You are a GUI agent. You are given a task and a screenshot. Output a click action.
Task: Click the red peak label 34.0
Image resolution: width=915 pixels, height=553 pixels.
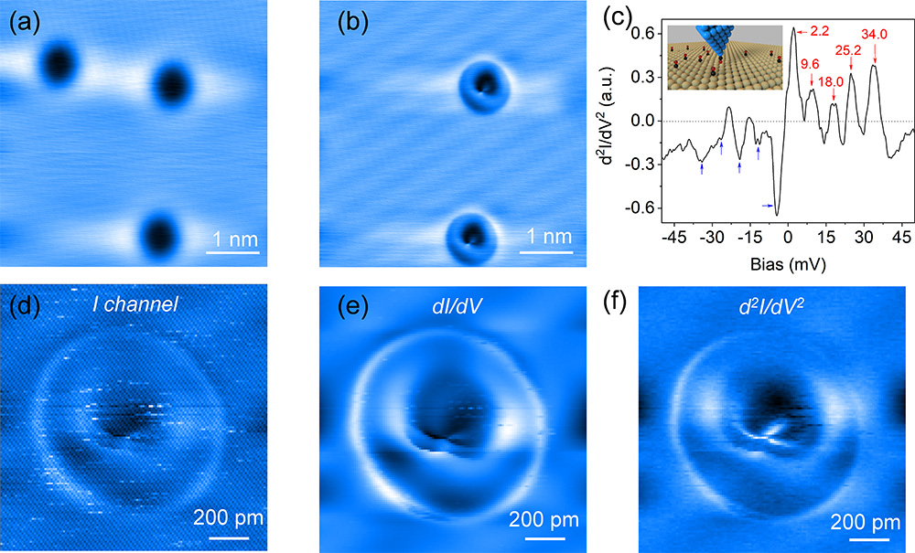[x=875, y=35]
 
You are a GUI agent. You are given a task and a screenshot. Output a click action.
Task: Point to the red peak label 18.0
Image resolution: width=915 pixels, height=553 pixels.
[x=832, y=81]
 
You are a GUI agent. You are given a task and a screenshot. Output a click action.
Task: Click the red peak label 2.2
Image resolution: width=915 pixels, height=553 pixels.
[x=818, y=32]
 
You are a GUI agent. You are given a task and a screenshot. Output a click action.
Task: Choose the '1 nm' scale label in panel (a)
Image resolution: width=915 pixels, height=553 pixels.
[x=231, y=239]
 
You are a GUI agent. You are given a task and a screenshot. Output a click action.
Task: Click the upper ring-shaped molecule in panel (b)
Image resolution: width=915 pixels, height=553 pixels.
[x=482, y=85]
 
